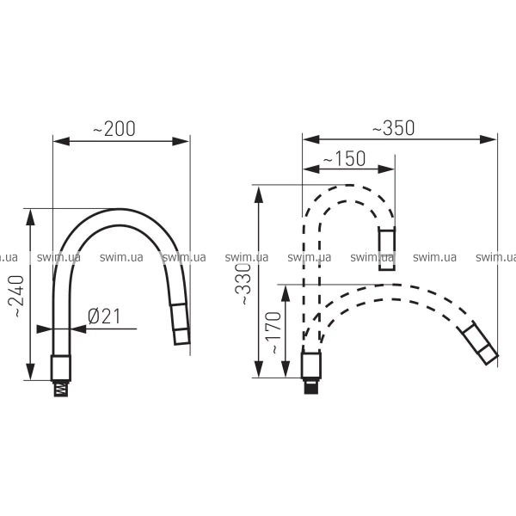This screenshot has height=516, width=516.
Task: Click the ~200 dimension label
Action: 114,129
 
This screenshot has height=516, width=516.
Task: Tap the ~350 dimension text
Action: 393,128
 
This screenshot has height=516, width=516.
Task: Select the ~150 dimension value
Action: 344,158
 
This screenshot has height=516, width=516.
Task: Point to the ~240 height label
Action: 15,296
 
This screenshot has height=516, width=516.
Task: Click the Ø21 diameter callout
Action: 104,316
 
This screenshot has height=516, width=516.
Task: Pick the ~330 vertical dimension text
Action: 243,285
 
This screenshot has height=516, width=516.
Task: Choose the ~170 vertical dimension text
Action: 273,333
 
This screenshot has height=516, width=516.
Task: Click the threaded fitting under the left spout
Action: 61,389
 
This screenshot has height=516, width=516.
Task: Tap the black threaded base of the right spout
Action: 311,386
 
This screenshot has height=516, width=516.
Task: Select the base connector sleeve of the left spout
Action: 61,368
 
